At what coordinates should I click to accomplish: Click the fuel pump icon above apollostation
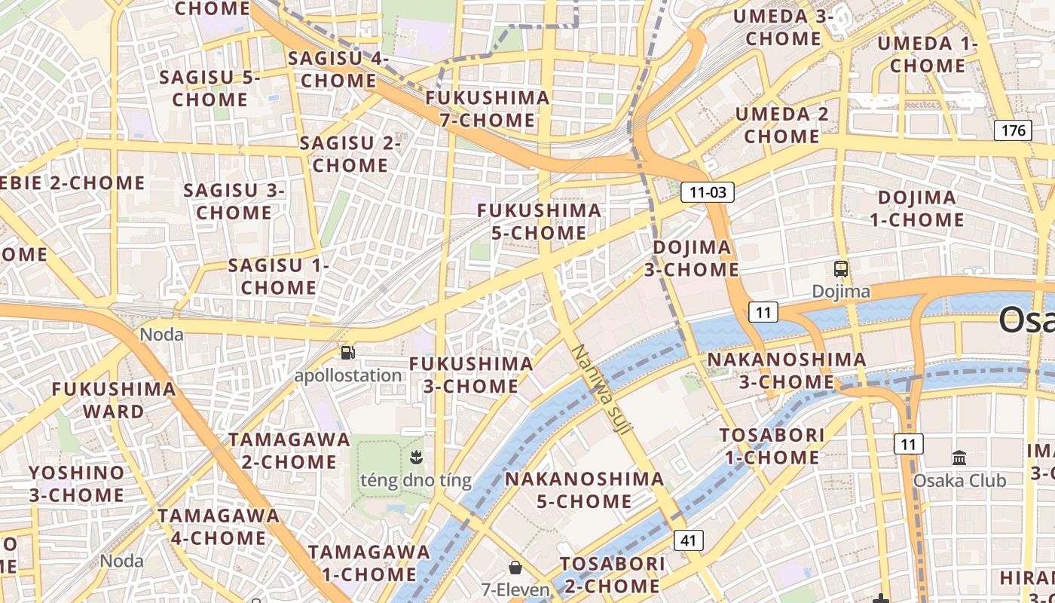(347, 352)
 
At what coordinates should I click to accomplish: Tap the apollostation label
(348, 375)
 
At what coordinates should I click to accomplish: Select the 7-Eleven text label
(516, 589)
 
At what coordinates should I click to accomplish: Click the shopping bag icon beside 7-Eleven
(515, 568)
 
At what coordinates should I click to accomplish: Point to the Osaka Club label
(959, 480)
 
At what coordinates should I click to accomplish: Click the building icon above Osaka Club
(959, 458)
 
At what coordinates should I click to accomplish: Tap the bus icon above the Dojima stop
(840, 269)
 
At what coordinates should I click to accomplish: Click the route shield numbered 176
(1014, 130)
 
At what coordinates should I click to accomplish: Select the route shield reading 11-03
(707, 192)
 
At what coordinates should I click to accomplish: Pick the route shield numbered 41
(689, 540)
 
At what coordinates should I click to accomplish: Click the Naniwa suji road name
(604, 389)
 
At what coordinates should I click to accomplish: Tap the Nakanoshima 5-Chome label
(584, 490)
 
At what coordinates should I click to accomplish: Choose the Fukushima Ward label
(113, 400)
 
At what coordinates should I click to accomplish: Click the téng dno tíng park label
(416, 480)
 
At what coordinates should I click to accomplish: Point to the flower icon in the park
(415, 456)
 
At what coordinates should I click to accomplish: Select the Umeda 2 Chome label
(781, 125)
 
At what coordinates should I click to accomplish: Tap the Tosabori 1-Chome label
(772, 446)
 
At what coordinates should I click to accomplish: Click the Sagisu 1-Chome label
(278, 277)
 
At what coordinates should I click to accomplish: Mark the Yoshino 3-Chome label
(76, 484)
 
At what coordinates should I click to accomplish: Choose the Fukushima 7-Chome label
(488, 109)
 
